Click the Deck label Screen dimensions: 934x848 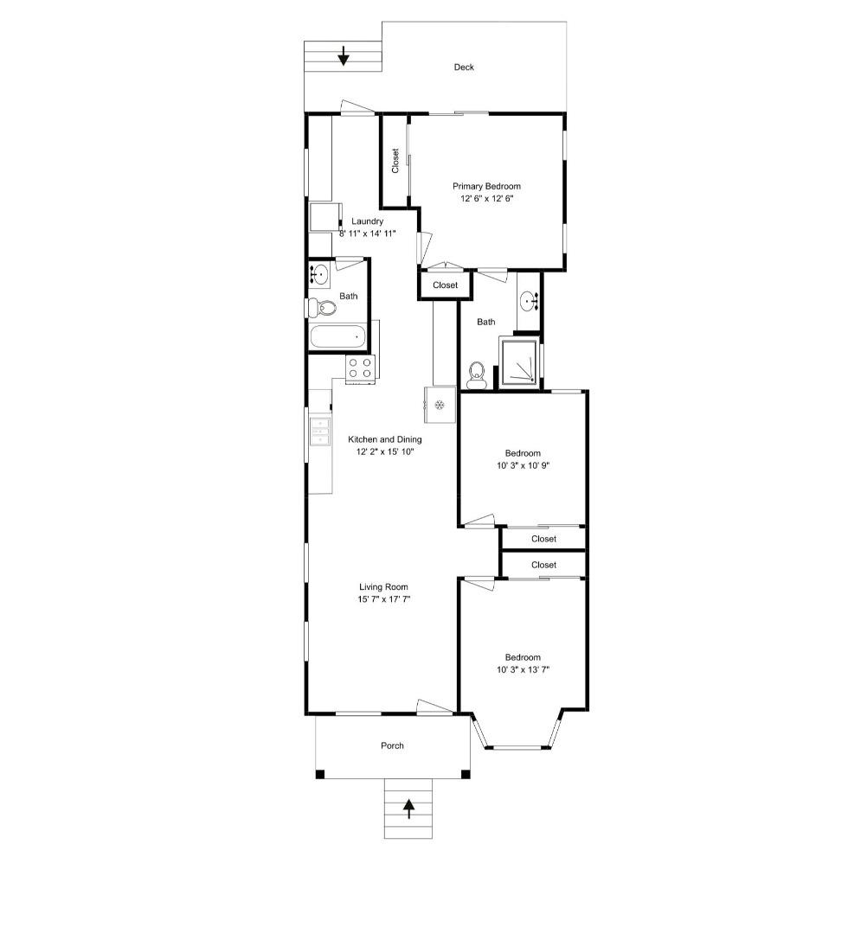pyautogui.click(x=464, y=67)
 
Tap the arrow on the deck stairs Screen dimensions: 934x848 pyautogui.click(x=344, y=56)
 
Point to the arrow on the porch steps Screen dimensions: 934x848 pyautogui.click(x=408, y=809)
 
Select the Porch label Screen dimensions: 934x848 pyautogui.click(x=392, y=745)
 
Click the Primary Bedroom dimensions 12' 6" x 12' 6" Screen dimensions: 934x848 pyautogui.click(x=487, y=199)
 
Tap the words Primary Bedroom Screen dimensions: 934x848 pyautogui.click(x=487, y=186)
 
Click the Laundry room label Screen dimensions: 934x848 pyautogui.click(x=367, y=221)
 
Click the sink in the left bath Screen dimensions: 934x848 pyautogui.click(x=319, y=276)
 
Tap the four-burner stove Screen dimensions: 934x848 pyautogui.click(x=360, y=368)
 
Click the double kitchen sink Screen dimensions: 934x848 pyautogui.click(x=320, y=431)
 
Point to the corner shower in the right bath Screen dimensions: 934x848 pyautogui.click(x=521, y=362)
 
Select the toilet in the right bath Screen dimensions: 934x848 pyautogui.click(x=475, y=374)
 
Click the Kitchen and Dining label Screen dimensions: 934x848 pyautogui.click(x=385, y=439)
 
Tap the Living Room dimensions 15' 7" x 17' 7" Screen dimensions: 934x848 pyautogui.click(x=384, y=599)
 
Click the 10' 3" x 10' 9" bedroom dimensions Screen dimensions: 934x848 pyautogui.click(x=524, y=466)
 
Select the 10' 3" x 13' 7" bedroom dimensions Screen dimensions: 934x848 pyautogui.click(x=524, y=669)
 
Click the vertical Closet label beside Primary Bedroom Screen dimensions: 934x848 pyautogui.click(x=395, y=161)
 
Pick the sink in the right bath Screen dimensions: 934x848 pyautogui.click(x=529, y=302)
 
